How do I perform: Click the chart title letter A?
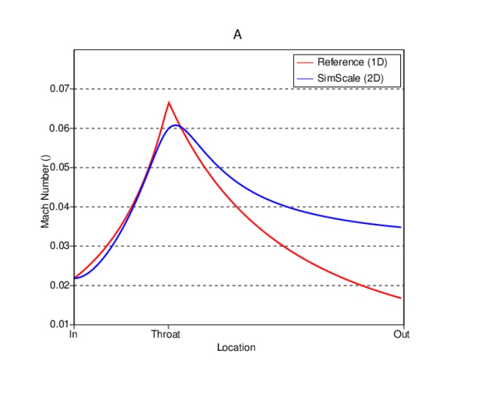click(237, 35)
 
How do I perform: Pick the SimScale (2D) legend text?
click(351, 78)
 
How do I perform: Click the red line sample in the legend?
click(305, 62)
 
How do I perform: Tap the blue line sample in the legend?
click(305, 78)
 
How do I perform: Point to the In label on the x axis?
click(73, 334)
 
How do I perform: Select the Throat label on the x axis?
click(165, 334)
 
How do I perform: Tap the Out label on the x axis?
click(401, 334)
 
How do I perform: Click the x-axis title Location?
click(236, 348)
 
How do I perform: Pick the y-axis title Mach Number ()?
click(45, 192)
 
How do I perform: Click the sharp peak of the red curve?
click(169, 102)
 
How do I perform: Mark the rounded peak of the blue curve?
click(176, 126)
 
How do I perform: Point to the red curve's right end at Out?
click(400, 298)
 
